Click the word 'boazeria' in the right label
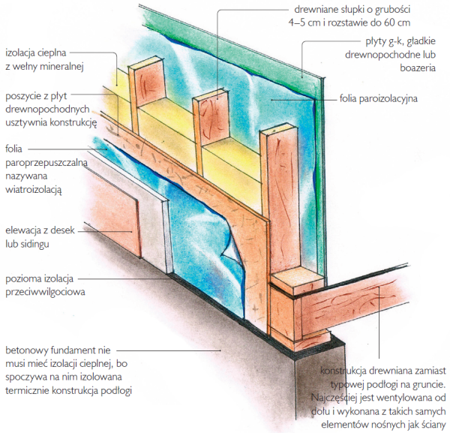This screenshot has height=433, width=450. pyautogui.click(x=418, y=68)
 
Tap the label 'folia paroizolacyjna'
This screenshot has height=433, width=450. pyautogui.click(x=378, y=98)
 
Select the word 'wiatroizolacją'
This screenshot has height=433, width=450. pyautogui.click(x=34, y=189)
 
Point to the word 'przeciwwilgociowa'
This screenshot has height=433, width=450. pyautogui.click(x=45, y=292)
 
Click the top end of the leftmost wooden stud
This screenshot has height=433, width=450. pyautogui.click(x=145, y=62)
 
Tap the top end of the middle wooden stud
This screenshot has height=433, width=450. pyautogui.click(x=211, y=95)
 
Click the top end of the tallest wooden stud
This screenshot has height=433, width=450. pyautogui.click(x=278, y=128)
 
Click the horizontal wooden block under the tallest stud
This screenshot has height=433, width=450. pyautogui.click(x=297, y=280)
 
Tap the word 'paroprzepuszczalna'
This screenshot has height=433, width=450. pyautogui.click(x=46, y=163)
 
